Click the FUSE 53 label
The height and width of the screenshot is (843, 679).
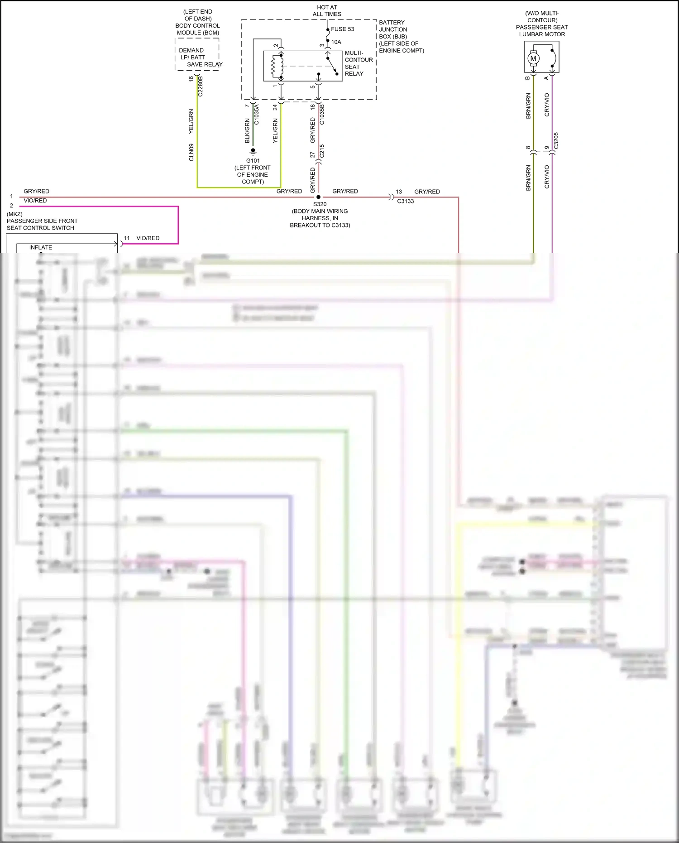[x=342, y=29]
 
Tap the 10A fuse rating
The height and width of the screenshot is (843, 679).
[x=336, y=42]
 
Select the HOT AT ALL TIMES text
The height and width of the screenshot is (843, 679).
[x=327, y=11]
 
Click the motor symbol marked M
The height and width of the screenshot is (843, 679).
[x=533, y=58]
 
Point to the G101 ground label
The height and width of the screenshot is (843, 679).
[x=253, y=161]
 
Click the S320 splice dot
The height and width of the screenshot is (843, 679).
[x=318, y=197]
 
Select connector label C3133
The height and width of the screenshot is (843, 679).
[x=405, y=201]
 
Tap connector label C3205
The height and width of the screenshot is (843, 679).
[x=556, y=140]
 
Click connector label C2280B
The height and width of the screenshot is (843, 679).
[x=201, y=86]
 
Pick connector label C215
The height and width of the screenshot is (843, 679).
[x=322, y=151]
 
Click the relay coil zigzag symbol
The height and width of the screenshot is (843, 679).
[x=274, y=67]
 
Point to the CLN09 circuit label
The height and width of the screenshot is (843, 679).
[x=191, y=152]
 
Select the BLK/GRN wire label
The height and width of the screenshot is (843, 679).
[x=247, y=131]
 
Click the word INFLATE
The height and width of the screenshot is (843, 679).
[x=41, y=247]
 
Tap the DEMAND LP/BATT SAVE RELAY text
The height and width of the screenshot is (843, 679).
[x=198, y=58]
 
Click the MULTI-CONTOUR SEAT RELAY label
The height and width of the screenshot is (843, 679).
[x=359, y=63]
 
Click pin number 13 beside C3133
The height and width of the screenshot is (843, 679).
[x=399, y=192]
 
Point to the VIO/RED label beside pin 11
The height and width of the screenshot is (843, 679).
[x=148, y=238]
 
